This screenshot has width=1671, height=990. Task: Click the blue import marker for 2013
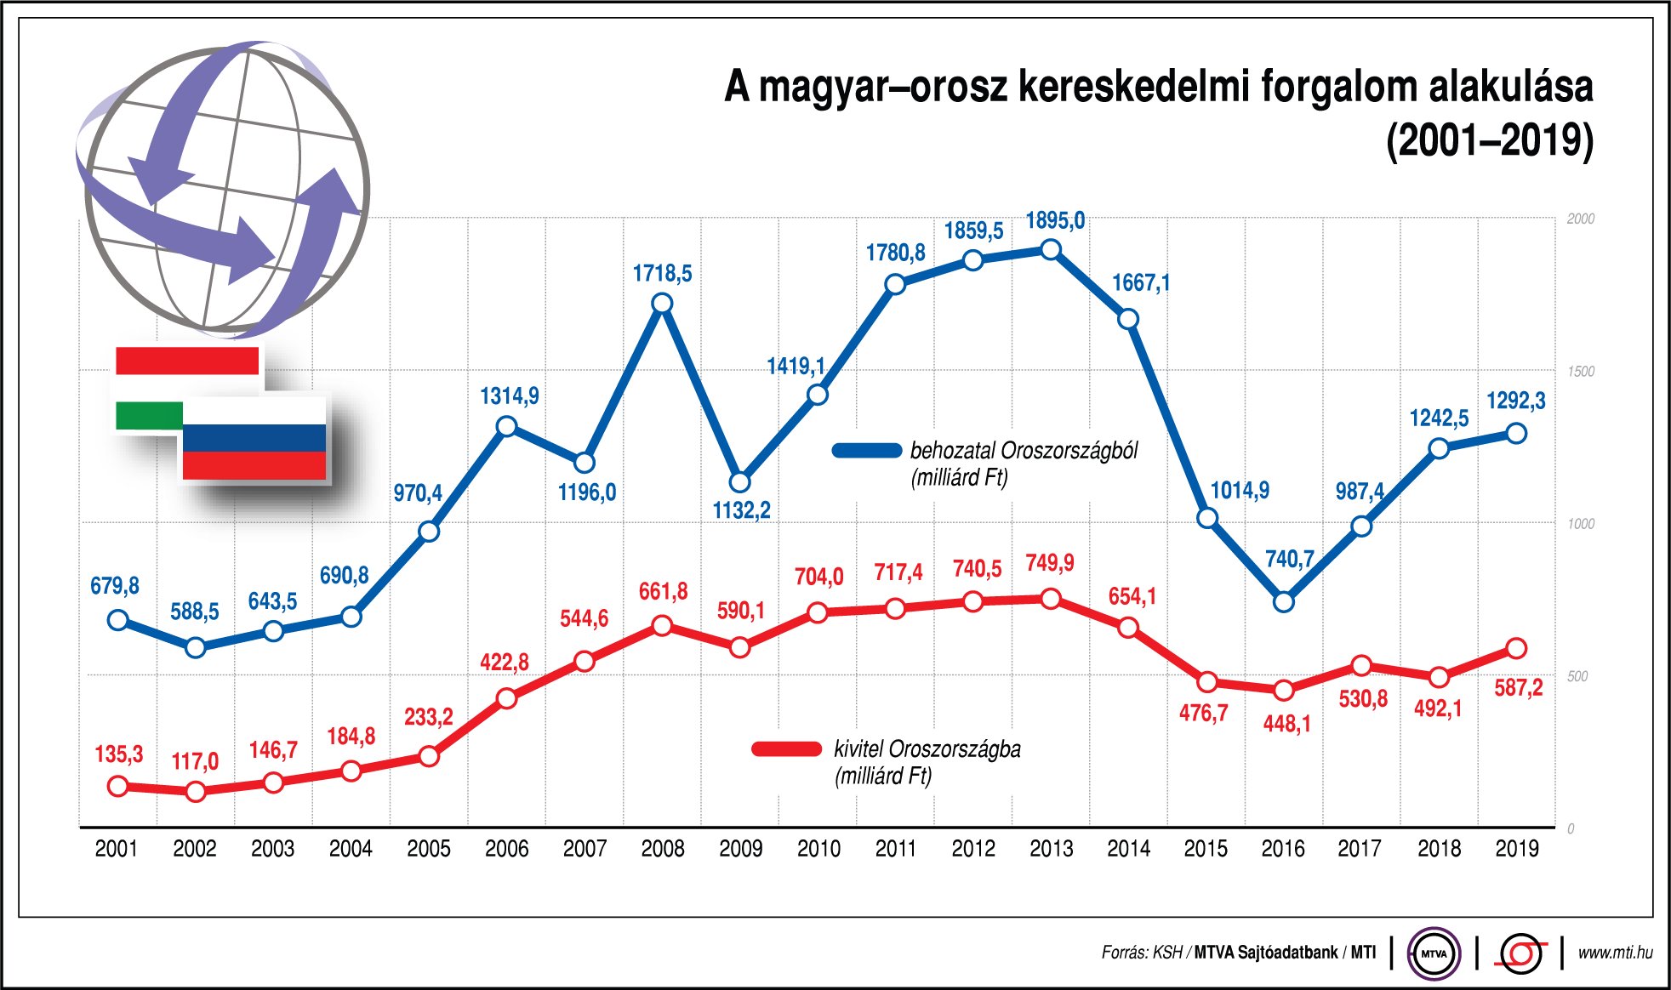[1051, 249]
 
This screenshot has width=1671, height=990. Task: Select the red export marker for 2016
[1284, 690]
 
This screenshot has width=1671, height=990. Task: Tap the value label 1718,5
[662, 273]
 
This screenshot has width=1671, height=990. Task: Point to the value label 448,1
[1286, 724]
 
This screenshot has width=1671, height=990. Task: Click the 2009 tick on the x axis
[740, 849]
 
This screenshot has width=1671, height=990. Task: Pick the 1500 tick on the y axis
[1580, 372]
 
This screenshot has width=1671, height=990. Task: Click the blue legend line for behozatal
[866, 451]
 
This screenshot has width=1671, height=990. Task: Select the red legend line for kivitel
[786, 749]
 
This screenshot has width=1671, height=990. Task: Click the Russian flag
[254, 439]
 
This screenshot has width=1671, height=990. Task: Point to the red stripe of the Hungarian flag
[187, 361]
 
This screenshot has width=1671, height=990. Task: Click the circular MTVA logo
[1434, 953]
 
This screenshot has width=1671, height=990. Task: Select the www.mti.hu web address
[1614, 953]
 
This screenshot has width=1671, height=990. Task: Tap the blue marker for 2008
[662, 304]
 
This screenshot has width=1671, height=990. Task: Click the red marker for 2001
[118, 786]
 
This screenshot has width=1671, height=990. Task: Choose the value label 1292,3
[1515, 401]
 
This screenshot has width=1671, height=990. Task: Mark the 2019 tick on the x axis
[1516, 849]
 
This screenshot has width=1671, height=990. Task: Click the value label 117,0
[195, 761]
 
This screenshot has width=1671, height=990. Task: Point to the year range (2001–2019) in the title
[1489, 140]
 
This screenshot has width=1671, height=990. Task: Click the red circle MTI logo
[1520, 953]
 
